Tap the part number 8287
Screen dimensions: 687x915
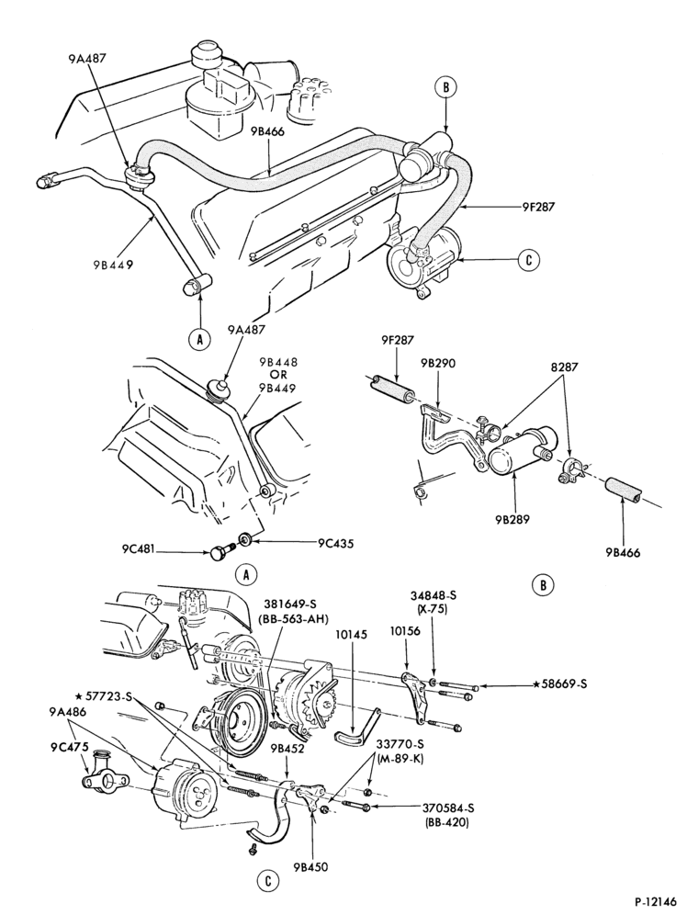(x=560, y=367)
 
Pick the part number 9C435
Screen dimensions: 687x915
(x=335, y=543)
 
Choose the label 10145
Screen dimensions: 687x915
(x=347, y=634)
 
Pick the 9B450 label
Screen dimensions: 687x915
(x=310, y=866)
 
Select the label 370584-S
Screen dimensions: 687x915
(x=448, y=808)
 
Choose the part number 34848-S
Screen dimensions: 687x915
(x=433, y=595)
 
